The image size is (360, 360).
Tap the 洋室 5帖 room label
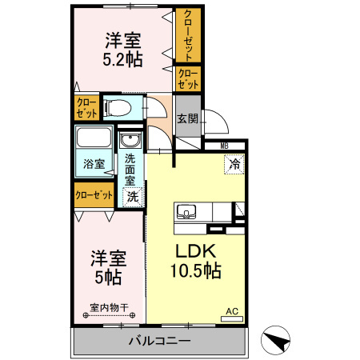(x=106, y=267)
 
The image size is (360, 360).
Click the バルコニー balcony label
(x=160, y=342)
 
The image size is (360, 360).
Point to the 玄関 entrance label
(x=186, y=118)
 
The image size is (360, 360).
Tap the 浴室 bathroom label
(x=94, y=164)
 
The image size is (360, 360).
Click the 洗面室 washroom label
(x=130, y=169)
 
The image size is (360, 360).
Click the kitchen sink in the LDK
(x=187, y=212)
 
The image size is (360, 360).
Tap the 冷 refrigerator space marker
(x=234, y=163)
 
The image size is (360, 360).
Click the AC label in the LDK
(x=232, y=311)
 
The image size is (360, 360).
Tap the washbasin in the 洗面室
(x=130, y=143)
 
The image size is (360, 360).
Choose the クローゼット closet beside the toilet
(x=86, y=107)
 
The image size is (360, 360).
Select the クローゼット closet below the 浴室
(x=94, y=194)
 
